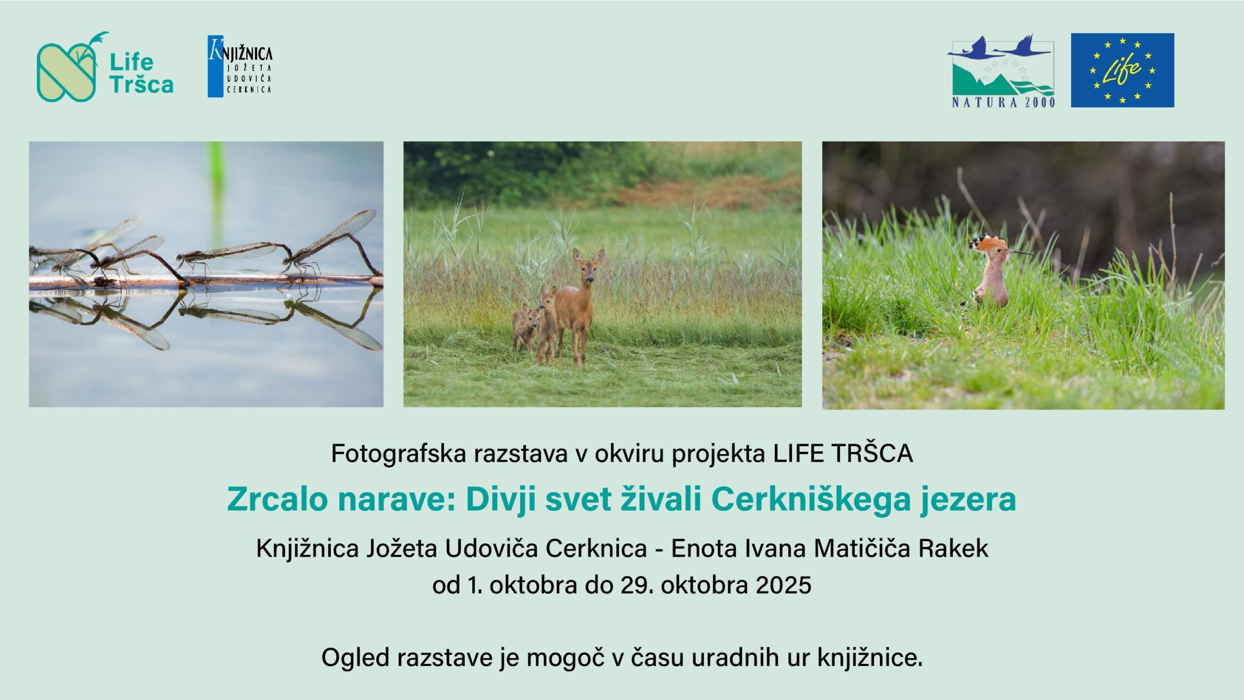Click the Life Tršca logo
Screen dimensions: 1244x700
105,67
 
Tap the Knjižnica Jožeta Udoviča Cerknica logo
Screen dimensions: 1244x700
240,66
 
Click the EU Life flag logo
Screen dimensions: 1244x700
1123,70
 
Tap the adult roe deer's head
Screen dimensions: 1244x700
588,266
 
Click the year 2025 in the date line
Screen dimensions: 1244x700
784,585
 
